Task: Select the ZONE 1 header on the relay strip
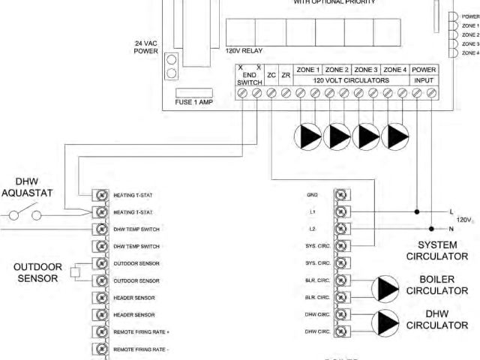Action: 308,69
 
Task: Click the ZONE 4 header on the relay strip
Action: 394,69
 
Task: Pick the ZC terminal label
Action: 271,75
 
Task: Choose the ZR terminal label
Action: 286,75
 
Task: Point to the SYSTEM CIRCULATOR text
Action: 442,250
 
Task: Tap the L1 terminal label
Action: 312,212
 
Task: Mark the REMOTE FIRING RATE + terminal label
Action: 142,332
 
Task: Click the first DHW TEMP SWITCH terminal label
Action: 136,229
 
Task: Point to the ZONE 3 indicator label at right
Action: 470,44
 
